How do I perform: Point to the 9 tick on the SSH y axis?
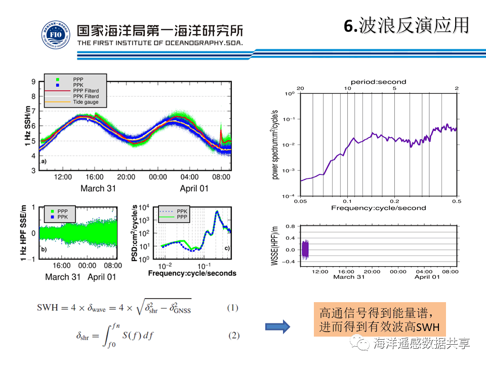[x=33, y=82]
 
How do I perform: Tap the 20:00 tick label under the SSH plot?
[x=126, y=177]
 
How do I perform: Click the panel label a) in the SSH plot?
[x=44, y=161]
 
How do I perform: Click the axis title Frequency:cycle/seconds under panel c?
[x=192, y=273]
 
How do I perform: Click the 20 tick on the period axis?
[x=300, y=88]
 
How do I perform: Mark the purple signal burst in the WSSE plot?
[x=305, y=249]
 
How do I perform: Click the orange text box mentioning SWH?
[x=379, y=319]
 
